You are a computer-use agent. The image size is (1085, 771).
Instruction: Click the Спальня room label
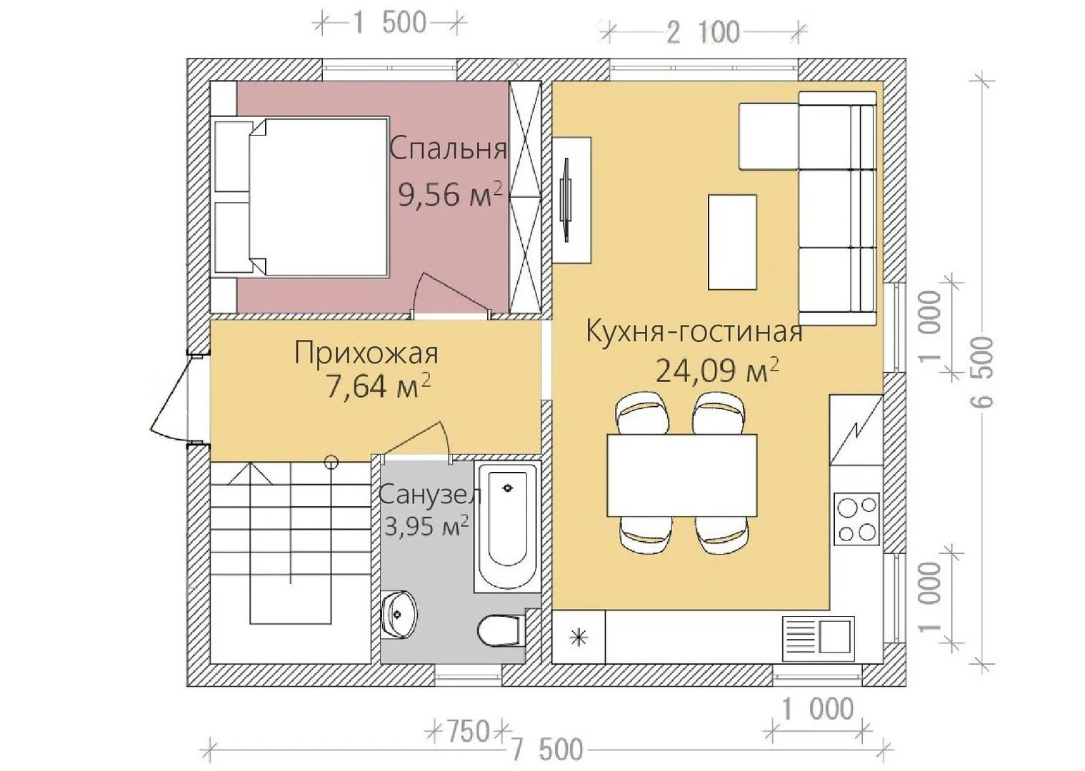[x=448, y=148]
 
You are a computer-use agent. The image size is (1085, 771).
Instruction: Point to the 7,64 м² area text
[x=379, y=385]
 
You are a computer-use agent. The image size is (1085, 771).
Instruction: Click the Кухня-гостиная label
[x=694, y=332]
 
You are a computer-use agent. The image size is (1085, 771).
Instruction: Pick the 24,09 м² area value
[x=717, y=371]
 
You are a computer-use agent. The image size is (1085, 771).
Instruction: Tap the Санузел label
[x=430, y=495]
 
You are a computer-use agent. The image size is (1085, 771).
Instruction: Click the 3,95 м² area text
[x=426, y=526]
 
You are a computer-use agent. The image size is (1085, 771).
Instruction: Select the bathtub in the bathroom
[x=507, y=527]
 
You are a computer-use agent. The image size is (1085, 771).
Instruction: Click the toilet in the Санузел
[x=501, y=630]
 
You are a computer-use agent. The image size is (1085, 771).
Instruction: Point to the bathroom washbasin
[x=399, y=615]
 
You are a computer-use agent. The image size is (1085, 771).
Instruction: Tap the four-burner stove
[x=857, y=519]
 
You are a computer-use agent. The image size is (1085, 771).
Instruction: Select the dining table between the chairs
[x=681, y=475]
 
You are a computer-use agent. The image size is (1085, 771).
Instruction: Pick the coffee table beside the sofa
[x=732, y=242]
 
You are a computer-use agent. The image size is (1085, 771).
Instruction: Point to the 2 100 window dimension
[x=703, y=33]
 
